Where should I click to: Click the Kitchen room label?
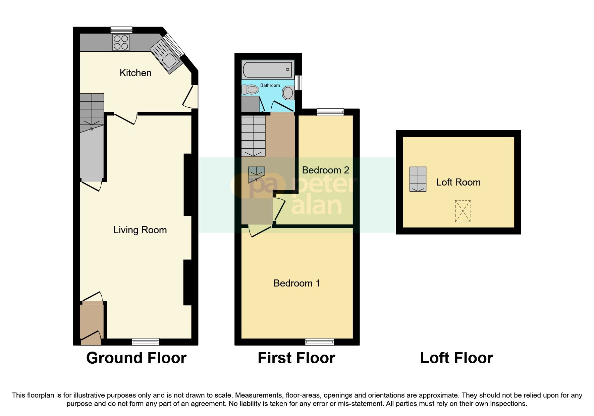136,73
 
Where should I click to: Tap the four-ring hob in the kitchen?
121,43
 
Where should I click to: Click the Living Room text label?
140,230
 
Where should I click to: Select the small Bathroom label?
270,85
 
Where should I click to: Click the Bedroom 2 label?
325,170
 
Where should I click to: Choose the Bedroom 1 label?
296,283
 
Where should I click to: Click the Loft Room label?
458,182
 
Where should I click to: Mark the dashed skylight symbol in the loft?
463,211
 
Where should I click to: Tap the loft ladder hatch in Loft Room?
418,179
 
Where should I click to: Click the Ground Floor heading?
136,358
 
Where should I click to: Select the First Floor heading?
296,358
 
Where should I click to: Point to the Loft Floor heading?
456,358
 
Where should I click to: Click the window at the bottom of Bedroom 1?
319,342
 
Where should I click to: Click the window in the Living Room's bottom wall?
145,342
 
